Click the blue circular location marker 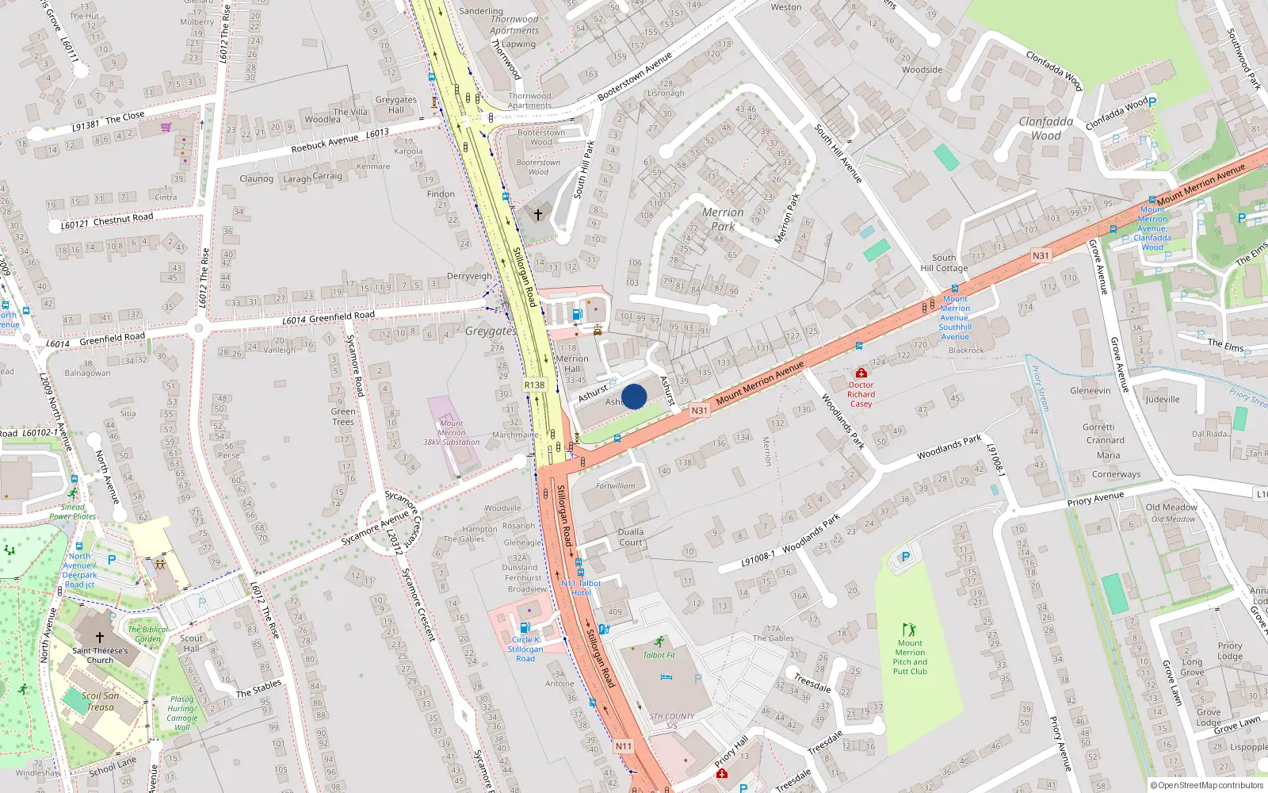(634, 396)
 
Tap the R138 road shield (535, 385)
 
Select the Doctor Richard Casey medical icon (861, 373)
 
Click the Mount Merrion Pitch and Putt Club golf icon (909, 630)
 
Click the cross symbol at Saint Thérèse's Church (100, 637)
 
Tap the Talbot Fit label (659, 655)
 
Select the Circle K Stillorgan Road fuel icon (525, 627)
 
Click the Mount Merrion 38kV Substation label (452, 432)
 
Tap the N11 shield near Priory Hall (624, 746)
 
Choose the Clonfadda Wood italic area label (1046, 128)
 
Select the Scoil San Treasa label (101, 701)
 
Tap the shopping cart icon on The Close (166, 127)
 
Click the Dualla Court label (631, 537)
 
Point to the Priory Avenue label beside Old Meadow (1095, 499)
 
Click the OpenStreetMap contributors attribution (1207, 785)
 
